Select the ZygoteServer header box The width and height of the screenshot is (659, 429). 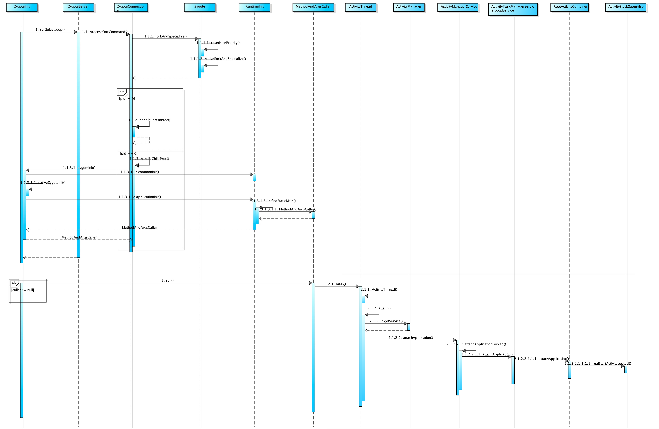[x=78, y=7]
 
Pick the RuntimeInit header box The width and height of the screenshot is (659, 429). [x=254, y=7]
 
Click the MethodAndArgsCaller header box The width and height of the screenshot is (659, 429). [x=313, y=7]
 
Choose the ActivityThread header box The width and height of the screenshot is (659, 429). [x=361, y=7]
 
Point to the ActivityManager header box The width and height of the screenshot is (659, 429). [x=409, y=7]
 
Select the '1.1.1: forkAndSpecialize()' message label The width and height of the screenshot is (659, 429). [x=165, y=36]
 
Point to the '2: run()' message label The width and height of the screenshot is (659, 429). [x=168, y=280]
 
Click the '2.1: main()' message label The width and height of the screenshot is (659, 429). [x=337, y=284]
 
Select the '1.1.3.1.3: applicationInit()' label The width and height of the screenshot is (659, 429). [x=140, y=197]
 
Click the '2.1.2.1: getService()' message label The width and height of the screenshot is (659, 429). [x=386, y=321]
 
